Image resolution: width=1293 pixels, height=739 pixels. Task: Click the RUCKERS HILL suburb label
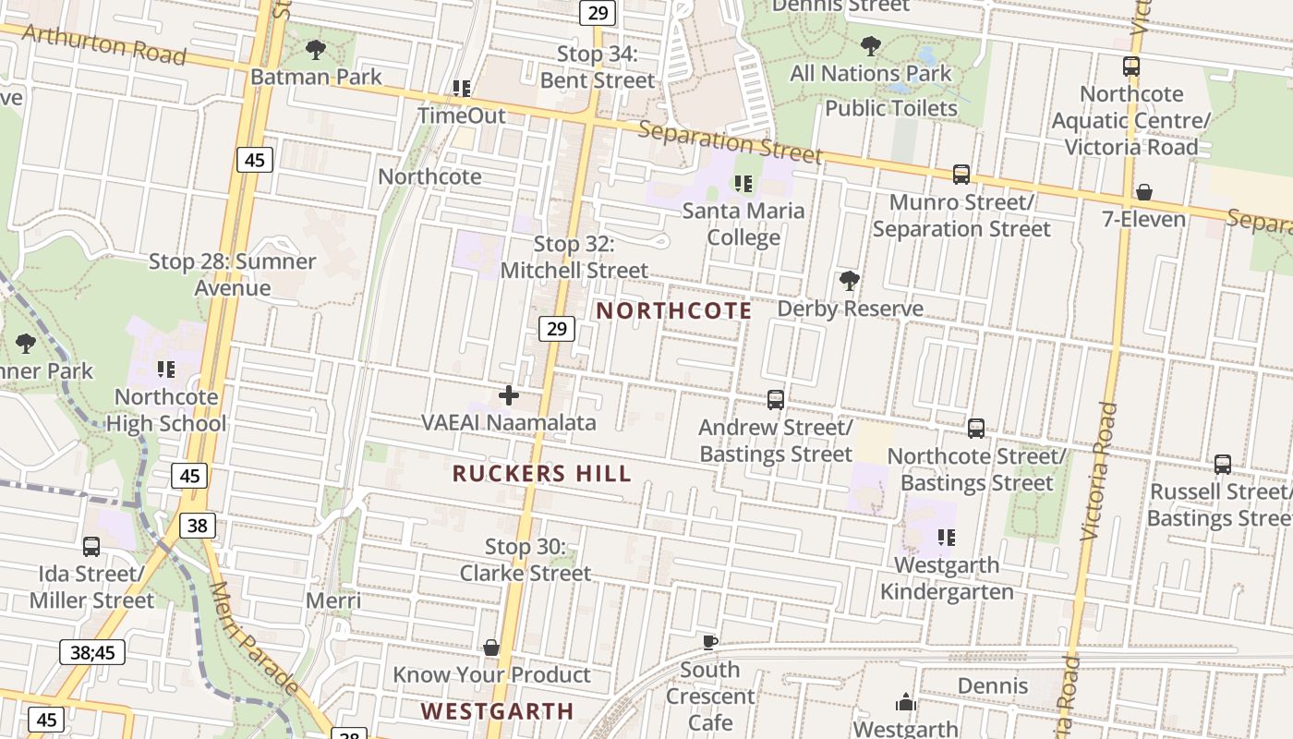coord(542,474)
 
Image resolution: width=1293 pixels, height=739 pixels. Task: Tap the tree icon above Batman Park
coord(315,50)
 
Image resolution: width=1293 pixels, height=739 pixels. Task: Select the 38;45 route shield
coord(92,652)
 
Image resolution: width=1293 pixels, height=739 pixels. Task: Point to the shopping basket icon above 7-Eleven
coord(1143,192)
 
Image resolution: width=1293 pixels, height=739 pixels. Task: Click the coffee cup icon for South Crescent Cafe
coord(709,642)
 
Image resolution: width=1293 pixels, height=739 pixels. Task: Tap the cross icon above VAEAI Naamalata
coord(508,395)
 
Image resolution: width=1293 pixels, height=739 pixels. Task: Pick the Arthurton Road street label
coord(103,44)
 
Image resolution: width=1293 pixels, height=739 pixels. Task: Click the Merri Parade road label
coord(253,637)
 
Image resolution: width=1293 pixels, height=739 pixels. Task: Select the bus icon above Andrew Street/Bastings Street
coord(776,400)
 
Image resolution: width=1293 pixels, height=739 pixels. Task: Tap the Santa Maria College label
coord(743,224)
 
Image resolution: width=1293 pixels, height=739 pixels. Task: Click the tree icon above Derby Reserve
coord(849,281)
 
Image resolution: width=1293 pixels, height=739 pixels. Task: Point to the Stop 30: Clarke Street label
coord(526,560)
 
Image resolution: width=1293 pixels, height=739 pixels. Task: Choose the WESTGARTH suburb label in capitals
coord(498,711)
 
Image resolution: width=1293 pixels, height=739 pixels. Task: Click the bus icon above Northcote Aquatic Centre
coord(1130,67)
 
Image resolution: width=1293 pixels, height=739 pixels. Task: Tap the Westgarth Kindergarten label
coord(947,578)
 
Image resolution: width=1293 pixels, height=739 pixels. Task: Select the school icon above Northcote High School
coord(166,370)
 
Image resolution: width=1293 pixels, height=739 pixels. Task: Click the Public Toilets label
coord(890,108)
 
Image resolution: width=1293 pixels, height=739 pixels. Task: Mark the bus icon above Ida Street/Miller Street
coord(91,547)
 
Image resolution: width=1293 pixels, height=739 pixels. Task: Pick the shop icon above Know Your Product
coord(491,648)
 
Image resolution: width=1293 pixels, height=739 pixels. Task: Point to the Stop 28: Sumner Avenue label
coord(233,274)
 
